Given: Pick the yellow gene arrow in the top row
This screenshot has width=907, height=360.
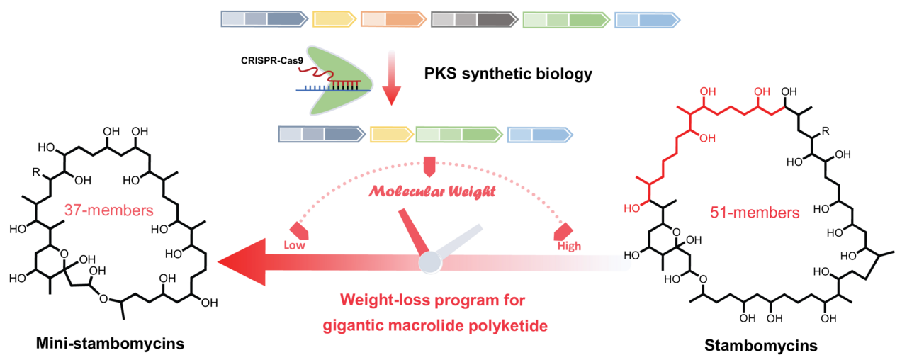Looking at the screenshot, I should pyautogui.click(x=334, y=20).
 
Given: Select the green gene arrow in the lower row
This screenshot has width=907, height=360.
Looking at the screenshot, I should pyautogui.click(x=459, y=135).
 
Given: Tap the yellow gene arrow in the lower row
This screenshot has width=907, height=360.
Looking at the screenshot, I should pyautogui.click(x=391, y=135).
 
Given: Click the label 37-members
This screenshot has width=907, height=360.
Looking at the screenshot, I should pyautogui.click(x=109, y=210).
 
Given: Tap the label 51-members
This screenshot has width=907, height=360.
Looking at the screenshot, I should pyautogui.click(x=755, y=213).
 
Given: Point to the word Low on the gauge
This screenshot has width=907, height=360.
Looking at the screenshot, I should pyautogui.click(x=294, y=246).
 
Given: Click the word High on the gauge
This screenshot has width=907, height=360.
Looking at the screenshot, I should pyautogui.click(x=569, y=247).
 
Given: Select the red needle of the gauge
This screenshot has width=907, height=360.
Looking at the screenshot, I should pyautogui.click(x=411, y=230).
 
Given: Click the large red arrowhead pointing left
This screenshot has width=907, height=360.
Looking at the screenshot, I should pyautogui.click(x=241, y=262).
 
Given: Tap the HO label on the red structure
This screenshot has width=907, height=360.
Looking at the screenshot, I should pyautogui.click(x=631, y=208).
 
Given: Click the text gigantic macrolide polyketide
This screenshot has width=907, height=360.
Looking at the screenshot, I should pyautogui.click(x=434, y=326).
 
